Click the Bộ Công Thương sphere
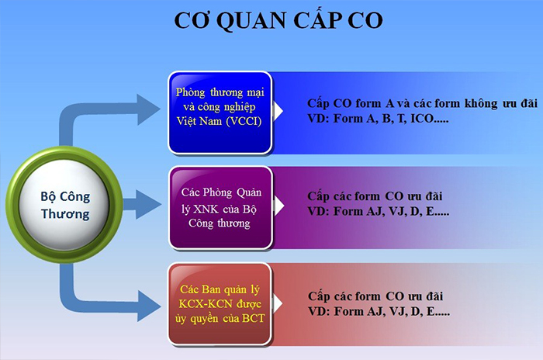point(65,204)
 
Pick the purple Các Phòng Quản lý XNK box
point(220,207)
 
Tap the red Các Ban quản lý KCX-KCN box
point(220,303)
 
